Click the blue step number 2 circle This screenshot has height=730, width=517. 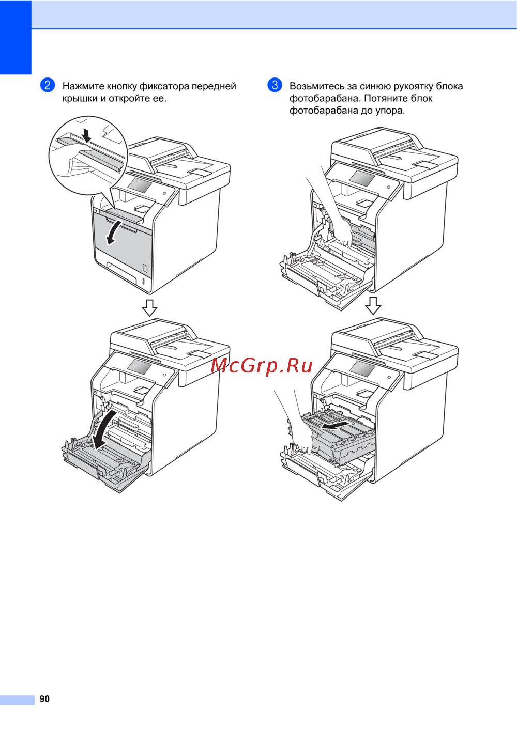pos(47,85)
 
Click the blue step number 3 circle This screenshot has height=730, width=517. pos(275,85)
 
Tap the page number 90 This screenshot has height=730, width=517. pos(44,698)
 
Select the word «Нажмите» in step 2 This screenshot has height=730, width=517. pos(84,86)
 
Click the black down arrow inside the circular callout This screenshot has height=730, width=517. pos(87,135)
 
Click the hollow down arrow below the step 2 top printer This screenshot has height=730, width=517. pos(150,307)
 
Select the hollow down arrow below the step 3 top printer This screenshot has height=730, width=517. pos(373,305)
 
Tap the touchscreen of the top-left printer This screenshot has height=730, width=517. pos(140,185)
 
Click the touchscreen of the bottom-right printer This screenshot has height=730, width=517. pos(362,368)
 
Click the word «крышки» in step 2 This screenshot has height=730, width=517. pos(80,99)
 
